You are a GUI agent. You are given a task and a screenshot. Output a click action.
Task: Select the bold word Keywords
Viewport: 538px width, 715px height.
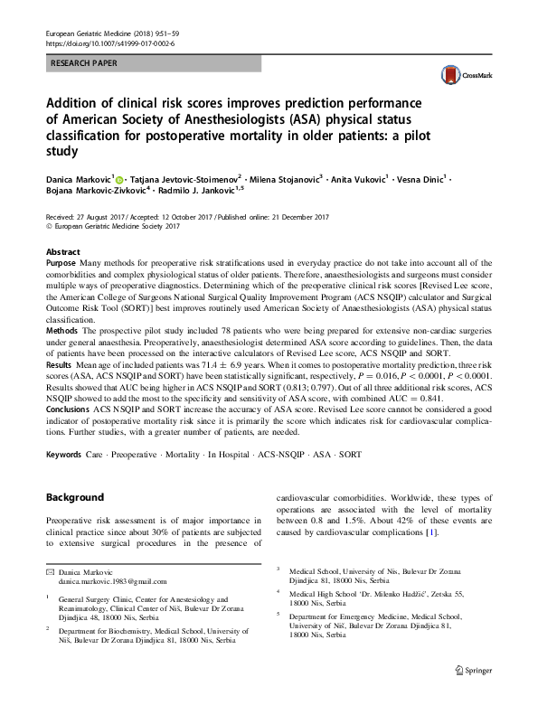pyautogui.click(x=66, y=453)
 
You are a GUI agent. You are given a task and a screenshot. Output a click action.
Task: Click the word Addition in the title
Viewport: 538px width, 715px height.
pyautogui.click(x=82, y=102)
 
